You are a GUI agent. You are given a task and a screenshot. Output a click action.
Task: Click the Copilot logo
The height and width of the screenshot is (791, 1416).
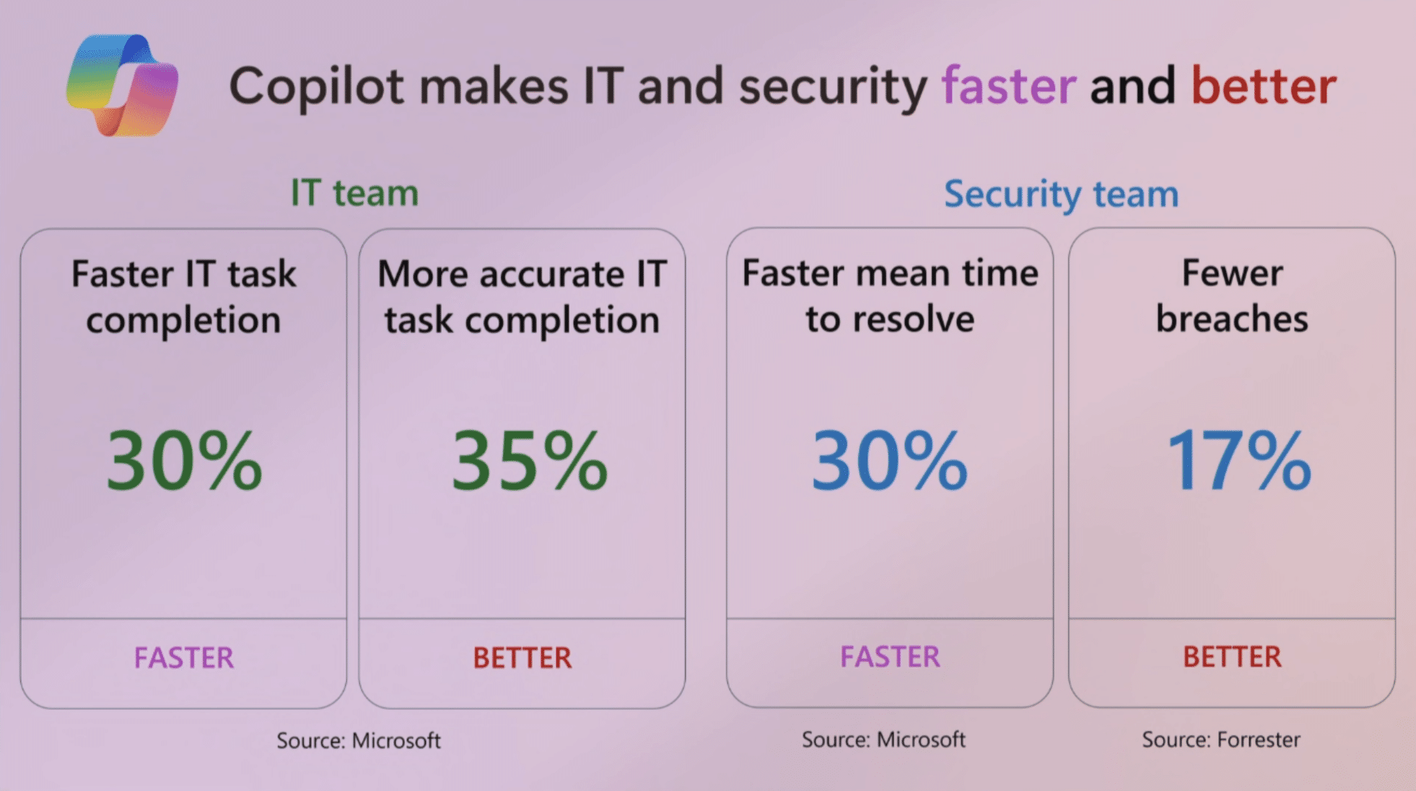pos(122,85)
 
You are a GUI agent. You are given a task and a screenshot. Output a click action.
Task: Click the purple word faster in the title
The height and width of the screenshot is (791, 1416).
pos(1009,86)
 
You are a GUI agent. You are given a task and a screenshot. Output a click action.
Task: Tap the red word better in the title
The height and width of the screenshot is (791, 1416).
pos(1264,86)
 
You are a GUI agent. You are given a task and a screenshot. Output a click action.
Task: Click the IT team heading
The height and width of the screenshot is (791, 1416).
pos(354,193)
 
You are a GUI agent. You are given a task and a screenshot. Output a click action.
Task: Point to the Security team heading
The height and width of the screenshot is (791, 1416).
pos(1061,193)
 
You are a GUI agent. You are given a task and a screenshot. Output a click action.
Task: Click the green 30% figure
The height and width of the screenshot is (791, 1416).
pos(184,460)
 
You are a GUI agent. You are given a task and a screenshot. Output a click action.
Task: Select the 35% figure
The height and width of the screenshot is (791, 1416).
pos(529,460)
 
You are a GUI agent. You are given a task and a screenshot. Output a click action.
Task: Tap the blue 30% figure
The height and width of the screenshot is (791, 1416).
pos(889,460)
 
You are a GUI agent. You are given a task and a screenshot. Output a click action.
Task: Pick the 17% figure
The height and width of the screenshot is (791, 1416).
pos(1238,460)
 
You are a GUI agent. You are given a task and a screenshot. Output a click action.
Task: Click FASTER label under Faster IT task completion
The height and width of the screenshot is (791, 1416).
pos(184,657)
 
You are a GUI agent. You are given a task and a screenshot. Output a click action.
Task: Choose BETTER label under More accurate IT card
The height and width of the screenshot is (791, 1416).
pos(522,657)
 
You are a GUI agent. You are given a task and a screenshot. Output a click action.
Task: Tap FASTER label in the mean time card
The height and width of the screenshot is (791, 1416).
pos(890,656)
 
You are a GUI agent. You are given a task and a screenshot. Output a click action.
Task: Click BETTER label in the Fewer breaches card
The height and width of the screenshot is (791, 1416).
pos(1232,656)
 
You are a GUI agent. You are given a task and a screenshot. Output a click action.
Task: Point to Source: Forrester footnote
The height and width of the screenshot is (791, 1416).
pos(1220,739)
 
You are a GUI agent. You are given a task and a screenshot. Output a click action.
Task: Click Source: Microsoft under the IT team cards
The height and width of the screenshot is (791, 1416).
pos(359,740)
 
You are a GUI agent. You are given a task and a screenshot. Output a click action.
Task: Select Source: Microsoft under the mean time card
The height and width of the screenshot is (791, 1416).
pos(883,739)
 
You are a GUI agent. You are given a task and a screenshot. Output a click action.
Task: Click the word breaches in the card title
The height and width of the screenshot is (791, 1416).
pos(1231,318)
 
